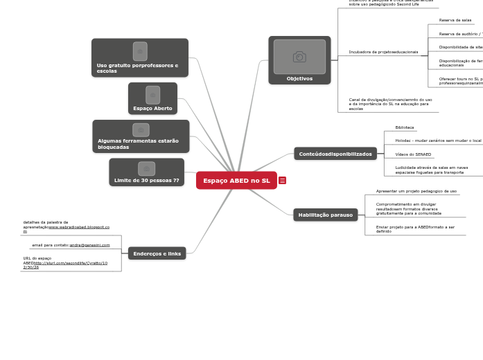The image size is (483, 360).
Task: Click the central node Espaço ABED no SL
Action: coord(236,181)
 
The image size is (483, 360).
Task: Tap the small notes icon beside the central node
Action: coord(282,181)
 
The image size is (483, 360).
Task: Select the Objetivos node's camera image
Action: coord(299,57)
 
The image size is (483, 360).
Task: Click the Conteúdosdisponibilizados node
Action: coord(335,154)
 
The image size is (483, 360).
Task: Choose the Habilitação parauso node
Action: coord(325,215)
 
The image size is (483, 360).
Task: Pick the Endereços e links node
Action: coord(157,253)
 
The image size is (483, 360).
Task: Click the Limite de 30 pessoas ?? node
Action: coord(146,172)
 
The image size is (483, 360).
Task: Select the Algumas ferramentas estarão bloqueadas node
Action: coord(141,136)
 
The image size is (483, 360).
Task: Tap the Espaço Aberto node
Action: coord(152,98)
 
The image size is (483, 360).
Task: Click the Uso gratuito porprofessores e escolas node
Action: coord(139,58)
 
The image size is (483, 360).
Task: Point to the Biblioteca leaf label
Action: coord(405,127)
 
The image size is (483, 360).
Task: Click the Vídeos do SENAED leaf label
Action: coord(413,154)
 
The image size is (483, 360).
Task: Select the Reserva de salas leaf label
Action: coord(455,20)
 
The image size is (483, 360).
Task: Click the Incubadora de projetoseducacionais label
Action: coord(383,52)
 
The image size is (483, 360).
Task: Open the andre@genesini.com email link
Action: coord(89,245)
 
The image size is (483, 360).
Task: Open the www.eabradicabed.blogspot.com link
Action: coord(78,227)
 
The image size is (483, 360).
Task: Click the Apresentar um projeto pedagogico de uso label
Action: coord(416,191)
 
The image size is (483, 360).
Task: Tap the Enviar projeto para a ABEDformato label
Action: coord(414,229)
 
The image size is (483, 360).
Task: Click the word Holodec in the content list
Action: coord(404,141)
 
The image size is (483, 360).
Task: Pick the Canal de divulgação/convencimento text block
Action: coord(390,104)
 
